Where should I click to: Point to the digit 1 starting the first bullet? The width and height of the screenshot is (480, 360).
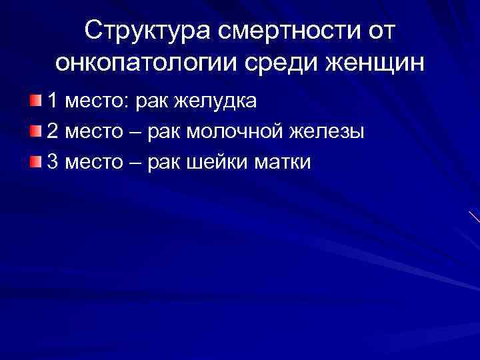[52, 101]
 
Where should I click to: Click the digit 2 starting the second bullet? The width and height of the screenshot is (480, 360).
[53, 131]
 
